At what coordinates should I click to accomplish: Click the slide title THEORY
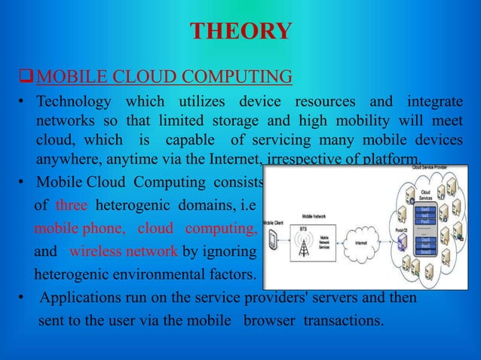pyautogui.click(x=240, y=32)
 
